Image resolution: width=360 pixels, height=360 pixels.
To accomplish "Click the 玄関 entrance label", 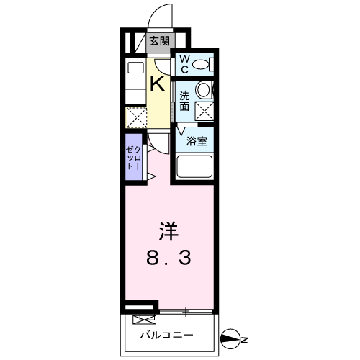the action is [x=159, y=41].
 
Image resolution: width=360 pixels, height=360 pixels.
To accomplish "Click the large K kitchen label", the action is [x=158, y=84].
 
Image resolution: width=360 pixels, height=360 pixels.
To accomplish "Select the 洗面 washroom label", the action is [x=184, y=101].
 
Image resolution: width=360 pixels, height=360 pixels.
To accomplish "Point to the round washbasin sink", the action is [x=204, y=90].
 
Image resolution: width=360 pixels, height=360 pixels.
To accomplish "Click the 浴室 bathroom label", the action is [x=197, y=141].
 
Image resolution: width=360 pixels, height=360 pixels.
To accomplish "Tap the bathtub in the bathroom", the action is [x=194, y=166].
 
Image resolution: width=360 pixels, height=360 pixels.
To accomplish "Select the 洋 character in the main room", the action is [x=168, y=231].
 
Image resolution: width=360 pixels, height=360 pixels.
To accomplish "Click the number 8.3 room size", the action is [x=168, y=257].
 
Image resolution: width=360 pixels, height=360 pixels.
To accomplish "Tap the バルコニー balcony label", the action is [x=167, y=335].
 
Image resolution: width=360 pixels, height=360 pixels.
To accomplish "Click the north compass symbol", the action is [x=230, y=338].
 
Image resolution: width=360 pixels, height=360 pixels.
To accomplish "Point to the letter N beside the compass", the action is [x=244, y=340].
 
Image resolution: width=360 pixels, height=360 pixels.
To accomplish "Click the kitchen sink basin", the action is [x=136, y=68].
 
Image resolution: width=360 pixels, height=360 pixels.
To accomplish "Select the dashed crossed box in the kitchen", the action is [x=136, y=117].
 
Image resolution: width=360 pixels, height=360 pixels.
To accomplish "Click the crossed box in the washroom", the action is [x=204, y=111].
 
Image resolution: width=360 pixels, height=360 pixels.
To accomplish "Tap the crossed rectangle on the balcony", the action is [x=144, y=320].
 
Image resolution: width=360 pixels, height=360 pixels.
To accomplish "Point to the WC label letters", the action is [x=184, y=64].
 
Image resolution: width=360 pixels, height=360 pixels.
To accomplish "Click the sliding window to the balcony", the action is [x=186, y=312].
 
